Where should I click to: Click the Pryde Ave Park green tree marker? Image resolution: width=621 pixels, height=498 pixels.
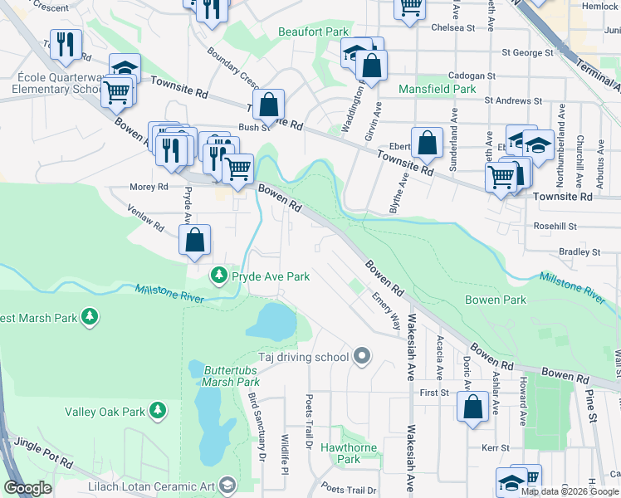click(219, 275)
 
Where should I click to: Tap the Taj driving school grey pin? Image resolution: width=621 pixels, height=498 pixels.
click(361, 357)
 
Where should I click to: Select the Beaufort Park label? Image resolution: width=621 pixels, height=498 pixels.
click(312, 32)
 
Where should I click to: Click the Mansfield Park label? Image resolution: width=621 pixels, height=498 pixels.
click(437, 89)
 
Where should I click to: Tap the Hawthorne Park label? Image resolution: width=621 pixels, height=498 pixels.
click(349, 453)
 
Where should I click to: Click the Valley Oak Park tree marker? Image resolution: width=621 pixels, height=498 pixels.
click(155, 411)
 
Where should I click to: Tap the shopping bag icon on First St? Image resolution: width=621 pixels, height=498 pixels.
click(472, 407)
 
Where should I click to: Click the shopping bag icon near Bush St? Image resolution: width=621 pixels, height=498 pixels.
click(268, 105)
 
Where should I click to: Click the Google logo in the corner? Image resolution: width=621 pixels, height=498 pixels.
click(27, 488)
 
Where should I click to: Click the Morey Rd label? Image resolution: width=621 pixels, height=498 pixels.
click(148, 187)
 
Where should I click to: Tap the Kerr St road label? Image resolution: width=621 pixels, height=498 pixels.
click(495, 447)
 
